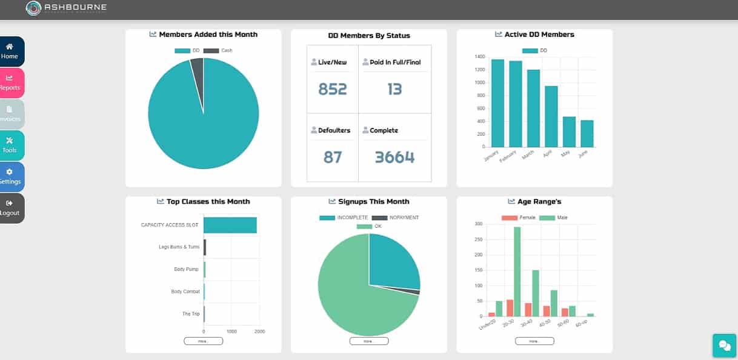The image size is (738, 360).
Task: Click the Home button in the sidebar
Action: pyautogui.click(x=10, y=52)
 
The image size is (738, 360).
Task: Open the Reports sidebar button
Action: pyautogui.click(x=10, y=83)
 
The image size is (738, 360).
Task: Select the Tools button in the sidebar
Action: pyautogui.click(x=10, y=145)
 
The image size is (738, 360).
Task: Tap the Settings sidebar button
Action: pyautogui.click(x=10, y=177)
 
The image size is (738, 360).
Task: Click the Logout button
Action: pyautogui.click(x=10, y=208)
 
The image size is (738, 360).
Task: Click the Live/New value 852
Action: pyautogui.click(x=332, y=90)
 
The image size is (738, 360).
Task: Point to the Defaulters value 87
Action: pyautogui.click(x=332, y=158)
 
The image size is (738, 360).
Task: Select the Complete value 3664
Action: pyautogui.click(x=394, y=158)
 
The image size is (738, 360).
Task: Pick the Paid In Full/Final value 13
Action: pyautogui.click(x=394, y=90)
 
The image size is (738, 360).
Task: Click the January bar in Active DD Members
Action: pyautogui.click(x=497, y=103)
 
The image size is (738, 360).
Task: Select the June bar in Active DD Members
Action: pyautogui.click(x=587, y=133)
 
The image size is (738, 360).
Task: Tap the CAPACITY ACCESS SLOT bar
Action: pyautogui.click(x=230, y=225)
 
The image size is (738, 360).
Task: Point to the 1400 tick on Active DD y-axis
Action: pyautogui.click(x=480, y=57)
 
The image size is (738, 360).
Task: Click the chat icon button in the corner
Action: pyautogui.click(x=724, y=345)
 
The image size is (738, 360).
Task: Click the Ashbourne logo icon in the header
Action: pyautogui.click(x=34, y=8)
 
